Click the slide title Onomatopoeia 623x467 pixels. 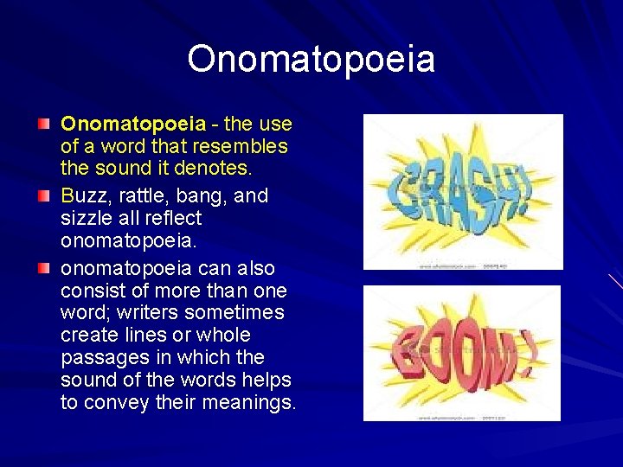tap(311, 60)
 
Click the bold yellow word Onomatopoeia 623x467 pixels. tap(133, 125)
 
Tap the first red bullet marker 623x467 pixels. tap(43, 125)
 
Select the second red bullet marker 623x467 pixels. tap(43, 196)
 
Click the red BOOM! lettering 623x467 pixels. tap(459, 355)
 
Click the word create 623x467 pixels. tap(90, 335)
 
